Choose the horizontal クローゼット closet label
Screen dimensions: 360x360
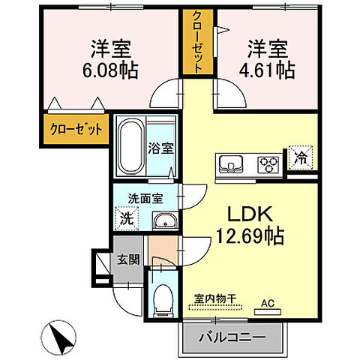pyautogui.click(x=76, y=129)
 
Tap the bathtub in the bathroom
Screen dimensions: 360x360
pyautogui.click(x=132, y=145)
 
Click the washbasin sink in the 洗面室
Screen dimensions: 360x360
pyautogui.click(x=163, y=220)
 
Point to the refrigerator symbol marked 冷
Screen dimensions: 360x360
pyautogui.click(x=299, y=159)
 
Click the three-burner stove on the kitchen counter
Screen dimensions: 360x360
pyautogui.click(x=268, y=162)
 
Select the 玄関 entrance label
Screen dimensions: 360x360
pyautogui.click(x=127, y=260)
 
